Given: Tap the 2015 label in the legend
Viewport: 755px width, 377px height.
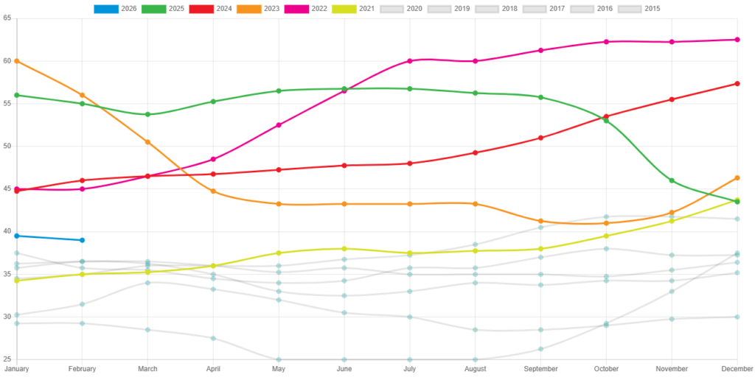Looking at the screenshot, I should point(652,9).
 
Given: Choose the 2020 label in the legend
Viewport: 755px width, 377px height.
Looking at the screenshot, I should point(414,9).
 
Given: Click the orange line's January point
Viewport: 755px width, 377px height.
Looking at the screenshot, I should point(16,60).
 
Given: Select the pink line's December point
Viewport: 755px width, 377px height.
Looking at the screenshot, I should point(737,40).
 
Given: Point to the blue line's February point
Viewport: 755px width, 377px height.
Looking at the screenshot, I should point(82,240).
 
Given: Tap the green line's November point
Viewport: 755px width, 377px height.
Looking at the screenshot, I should point(672,180).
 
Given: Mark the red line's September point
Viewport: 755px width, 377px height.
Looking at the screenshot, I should point(540,138).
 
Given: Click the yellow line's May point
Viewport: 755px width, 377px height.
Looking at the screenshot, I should point(279,253).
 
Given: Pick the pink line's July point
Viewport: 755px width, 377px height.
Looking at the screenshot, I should point(410,60).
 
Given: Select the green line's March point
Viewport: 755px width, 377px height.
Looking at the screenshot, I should point(147,114).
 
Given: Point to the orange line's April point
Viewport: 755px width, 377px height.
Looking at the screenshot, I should point(213,191).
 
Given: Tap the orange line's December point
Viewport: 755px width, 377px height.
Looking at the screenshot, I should point(737,177).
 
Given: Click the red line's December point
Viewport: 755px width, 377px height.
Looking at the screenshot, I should point(737,84).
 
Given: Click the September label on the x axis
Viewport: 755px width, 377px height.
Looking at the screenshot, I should point(540,368).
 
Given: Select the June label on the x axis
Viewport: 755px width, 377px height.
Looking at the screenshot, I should point(344,368).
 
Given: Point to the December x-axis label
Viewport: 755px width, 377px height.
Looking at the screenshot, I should point(737,368).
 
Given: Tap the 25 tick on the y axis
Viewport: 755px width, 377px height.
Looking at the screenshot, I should point(7,359).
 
